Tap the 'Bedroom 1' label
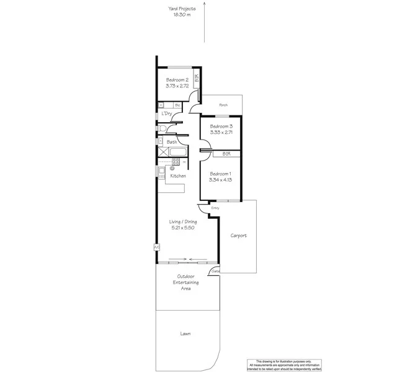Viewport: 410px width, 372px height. [220, 174]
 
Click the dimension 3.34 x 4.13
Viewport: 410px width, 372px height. [220, 180]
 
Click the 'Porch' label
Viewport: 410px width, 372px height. [223, 105]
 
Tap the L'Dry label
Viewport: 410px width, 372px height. [166, 114]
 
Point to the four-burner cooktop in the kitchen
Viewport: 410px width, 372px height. [176, 162]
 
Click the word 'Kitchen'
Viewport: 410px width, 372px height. [178, 176]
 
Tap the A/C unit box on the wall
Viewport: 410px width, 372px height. [156, 248]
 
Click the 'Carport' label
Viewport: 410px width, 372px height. [239, 236]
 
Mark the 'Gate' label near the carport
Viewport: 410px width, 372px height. [215, 272]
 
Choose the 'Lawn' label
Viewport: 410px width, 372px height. [185, 334]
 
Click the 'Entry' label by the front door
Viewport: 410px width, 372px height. [215, 208]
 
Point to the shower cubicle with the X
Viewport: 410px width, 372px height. [162, 152]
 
